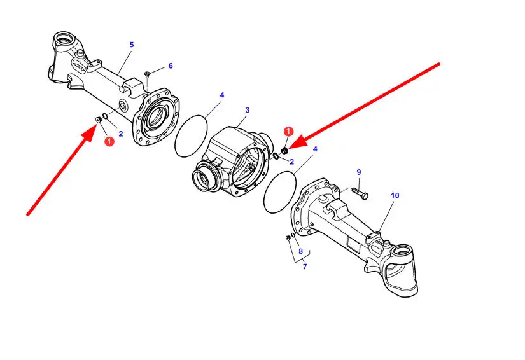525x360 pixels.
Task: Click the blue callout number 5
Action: point(132,45)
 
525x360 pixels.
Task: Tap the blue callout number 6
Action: point(171,66)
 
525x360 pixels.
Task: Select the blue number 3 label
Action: point(248,110)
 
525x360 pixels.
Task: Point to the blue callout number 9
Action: point(359,172)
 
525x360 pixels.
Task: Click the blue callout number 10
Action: point(395,195)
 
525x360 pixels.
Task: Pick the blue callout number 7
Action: point(305,267)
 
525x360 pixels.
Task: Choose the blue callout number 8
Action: point(300,251)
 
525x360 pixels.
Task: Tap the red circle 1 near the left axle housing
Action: point(109,141)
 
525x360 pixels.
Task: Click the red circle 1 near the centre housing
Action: point(288,131)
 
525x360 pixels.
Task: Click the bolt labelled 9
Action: point(360,193)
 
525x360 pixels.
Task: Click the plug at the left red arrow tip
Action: point(99,120)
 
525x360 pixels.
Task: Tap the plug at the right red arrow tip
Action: point(285,151)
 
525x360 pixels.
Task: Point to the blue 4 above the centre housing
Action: point(222,95)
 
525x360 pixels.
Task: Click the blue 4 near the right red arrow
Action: point(315,149)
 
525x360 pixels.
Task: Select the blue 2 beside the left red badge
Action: point(121,134)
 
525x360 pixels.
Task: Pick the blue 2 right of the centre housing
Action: point(291,162)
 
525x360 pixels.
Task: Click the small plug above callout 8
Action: point(288,238)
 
